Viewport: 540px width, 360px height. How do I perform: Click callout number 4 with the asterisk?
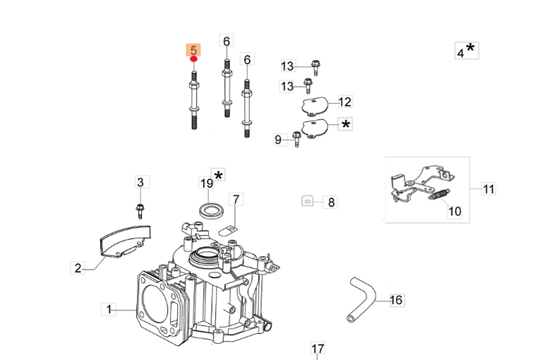464,51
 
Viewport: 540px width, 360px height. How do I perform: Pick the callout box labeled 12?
344,101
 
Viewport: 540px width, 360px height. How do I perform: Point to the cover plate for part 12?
314,106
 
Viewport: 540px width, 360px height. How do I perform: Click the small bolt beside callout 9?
296,140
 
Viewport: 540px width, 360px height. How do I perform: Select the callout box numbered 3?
140,182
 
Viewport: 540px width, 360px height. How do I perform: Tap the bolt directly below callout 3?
140,209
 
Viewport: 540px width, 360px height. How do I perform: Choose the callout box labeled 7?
236,199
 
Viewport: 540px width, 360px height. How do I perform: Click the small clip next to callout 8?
307,200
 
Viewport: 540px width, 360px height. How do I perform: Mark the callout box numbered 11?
488,188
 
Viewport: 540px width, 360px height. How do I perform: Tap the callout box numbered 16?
396,300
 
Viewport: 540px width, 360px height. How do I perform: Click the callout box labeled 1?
109,308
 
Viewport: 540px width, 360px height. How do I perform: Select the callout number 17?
318,349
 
